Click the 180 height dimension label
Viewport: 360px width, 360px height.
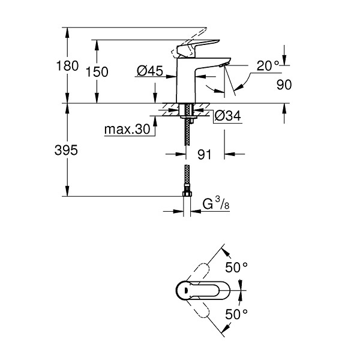67,65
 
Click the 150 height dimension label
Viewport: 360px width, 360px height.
97,72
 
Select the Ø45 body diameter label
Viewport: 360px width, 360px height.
149,70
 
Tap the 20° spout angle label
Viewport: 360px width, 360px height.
268,66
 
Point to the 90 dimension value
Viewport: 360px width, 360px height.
284,85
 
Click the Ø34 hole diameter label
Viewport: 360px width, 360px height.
228,115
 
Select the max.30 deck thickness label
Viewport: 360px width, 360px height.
127,129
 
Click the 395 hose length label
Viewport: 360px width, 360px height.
66,151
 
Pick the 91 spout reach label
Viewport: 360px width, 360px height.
204,154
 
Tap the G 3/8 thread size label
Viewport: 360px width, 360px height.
216,203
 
